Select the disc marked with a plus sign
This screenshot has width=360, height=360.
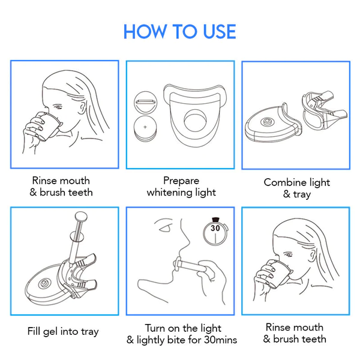(x=145, y=128)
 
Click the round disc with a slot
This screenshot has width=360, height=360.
(x=145, y=101)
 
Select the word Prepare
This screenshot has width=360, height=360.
(x=181, y=181)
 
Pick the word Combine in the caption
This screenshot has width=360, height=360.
(x=285, y=182)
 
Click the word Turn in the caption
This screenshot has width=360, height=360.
(x=157, y=328)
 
